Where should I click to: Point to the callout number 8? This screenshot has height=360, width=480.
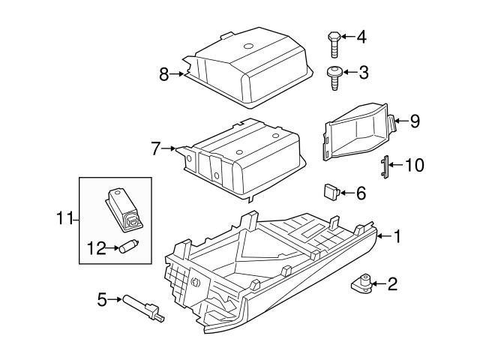tap(163, 73)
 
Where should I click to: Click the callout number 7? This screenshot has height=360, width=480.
tap(156, 148)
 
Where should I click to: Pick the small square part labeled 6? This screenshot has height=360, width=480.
tap(331, 191)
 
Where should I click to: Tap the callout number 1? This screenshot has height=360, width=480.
tap(397, 237)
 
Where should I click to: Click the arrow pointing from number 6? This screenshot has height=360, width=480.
tap(346, 193)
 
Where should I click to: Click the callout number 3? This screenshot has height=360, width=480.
tap(364, 73)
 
